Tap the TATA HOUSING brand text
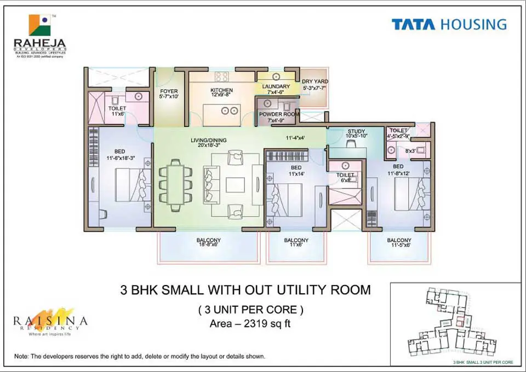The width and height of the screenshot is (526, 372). (x=449, y=25)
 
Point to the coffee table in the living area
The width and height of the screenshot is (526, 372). (x=236, y=184)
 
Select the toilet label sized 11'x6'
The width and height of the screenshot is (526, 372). (x=117, y=111)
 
